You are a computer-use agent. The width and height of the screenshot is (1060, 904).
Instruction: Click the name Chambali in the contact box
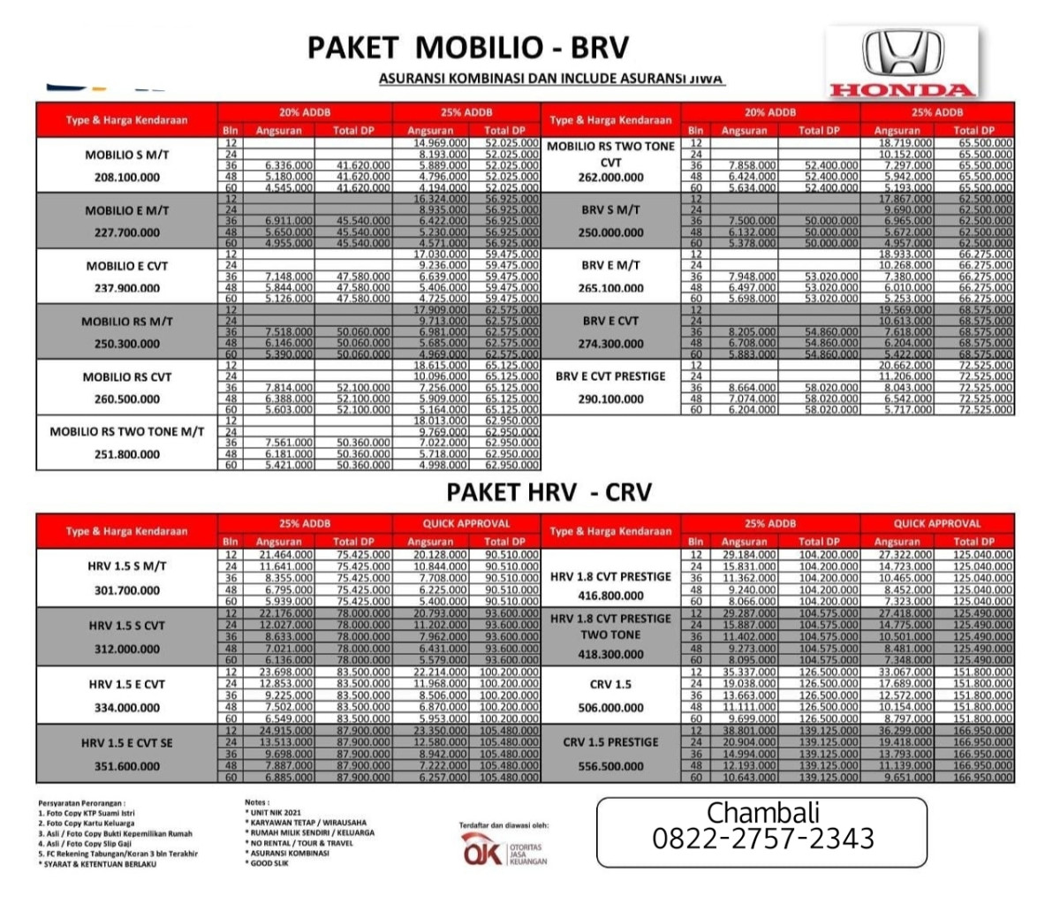coord(763,812)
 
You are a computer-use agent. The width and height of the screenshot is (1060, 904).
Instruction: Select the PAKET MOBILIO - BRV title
coord(468,47)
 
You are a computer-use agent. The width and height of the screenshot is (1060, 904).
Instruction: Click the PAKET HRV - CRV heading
coord(549,491)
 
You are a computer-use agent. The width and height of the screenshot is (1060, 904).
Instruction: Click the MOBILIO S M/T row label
coord(127,156)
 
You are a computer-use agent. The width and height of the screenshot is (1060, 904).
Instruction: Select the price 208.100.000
coord(127,178)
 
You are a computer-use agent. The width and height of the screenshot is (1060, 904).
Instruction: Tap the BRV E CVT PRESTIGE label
coord(611,376)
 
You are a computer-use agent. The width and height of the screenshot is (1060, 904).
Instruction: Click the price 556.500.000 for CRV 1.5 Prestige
coord(611,766)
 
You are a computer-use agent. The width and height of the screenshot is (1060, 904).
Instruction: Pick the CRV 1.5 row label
coord(611,684)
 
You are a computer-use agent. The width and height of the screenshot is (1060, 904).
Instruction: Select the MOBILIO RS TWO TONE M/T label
coord(127,432)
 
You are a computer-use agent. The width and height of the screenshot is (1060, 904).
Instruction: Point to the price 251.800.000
coord(127,454)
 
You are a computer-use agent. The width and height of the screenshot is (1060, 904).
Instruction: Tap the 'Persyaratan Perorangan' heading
coord(81,803)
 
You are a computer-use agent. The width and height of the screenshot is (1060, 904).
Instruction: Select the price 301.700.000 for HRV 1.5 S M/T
coord(127,590)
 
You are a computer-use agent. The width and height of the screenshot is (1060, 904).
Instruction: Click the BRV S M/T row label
coord(611,210)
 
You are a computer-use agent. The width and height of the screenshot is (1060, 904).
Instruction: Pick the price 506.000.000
coord(611,708)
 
